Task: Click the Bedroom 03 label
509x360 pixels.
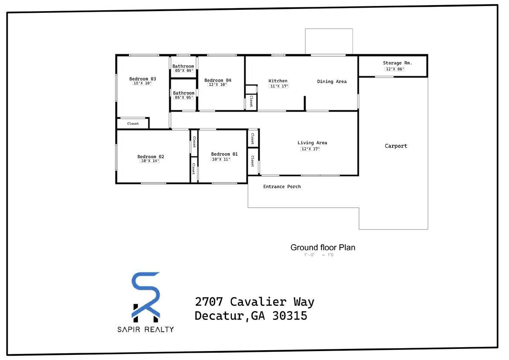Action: pos(142,79)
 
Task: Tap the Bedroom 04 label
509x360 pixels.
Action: pos(217,80)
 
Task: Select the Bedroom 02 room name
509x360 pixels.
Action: pos(150,157)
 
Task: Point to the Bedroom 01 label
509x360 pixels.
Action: pos(224,154)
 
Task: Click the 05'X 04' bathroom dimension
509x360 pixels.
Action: pos(184,71)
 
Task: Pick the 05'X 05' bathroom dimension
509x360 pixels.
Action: pos(184,98)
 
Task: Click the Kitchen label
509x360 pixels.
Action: pos(278,81)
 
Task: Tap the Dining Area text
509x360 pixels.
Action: pos(332,81)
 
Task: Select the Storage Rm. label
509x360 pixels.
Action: pos(397,63)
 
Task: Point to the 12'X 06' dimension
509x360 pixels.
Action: pos(394,69)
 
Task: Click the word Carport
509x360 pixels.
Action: pos(396,146)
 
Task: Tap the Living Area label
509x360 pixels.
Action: pos(312,143)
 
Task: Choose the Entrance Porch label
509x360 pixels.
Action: pos(282,186)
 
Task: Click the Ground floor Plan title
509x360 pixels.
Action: pos(323,247)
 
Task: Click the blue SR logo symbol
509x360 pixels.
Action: pos(145,295)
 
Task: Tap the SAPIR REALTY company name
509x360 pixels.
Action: pos(146,329)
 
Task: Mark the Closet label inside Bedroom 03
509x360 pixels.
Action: pos(133,124)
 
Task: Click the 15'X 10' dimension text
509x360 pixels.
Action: pos(142,84)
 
